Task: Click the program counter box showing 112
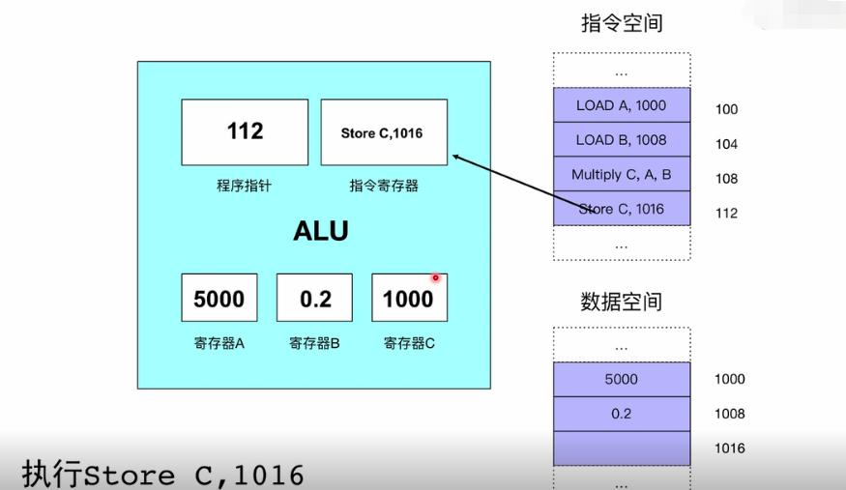tap(245, 131)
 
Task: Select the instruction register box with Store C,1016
tap(383, 131)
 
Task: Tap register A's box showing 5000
tap(219, 298)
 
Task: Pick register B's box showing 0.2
tap(314, 298)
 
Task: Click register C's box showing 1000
tap(408, 298)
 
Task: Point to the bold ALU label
tap(320, 232)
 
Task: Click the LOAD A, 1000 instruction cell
tap(621, 105)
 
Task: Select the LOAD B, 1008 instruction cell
tap(621, 140)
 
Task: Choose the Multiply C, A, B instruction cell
tap(621, 175)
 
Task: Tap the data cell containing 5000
tap(621, 380)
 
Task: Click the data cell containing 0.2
tap(621, 414)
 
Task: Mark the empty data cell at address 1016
tap(621, 448)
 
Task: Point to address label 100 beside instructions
tap(726, 110)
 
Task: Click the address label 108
tap(726, 179)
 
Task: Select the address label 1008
tap(730, 415)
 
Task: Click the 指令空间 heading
tap(622, 24)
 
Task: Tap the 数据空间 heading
tap(622, 302)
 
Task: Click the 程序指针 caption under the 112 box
tap(244, 186)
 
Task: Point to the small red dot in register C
tap(436, 278)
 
